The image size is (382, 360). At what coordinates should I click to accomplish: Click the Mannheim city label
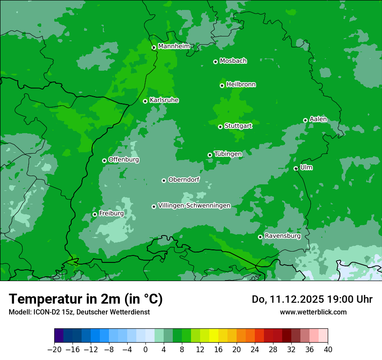pos(174,46)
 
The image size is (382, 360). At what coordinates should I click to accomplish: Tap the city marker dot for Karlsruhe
pos(145,101)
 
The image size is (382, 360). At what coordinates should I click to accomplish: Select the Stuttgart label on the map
pos(238,126)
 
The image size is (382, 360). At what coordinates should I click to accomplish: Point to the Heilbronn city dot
pos(222,85)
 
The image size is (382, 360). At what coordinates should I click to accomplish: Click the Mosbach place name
pos(233,61)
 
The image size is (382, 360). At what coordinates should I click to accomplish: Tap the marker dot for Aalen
pos(305,120)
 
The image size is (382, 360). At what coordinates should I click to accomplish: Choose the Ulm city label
pos(306,167)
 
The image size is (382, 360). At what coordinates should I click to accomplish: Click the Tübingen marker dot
pos(210,155)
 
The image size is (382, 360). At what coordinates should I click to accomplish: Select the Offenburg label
pos(124,160)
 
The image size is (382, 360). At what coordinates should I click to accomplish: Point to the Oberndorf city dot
pos(164,180)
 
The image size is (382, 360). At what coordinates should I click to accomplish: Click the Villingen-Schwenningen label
pos(194,206)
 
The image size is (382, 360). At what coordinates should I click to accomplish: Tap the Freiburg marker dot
pos(95,214)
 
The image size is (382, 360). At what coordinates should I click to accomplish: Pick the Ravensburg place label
pos(283,236)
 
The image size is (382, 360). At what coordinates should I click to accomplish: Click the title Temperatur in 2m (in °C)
pos(86,299)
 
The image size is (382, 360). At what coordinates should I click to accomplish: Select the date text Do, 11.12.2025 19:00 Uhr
pos(312,299)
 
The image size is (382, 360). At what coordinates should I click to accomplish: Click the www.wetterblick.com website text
pos(313,312)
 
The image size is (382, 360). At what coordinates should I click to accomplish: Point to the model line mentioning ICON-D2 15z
pos(79,312)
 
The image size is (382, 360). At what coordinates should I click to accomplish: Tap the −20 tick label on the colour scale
pos(54,350)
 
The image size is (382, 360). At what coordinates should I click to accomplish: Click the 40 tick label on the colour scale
pos(328,350)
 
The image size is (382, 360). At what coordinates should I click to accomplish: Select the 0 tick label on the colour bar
pos(145,350)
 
